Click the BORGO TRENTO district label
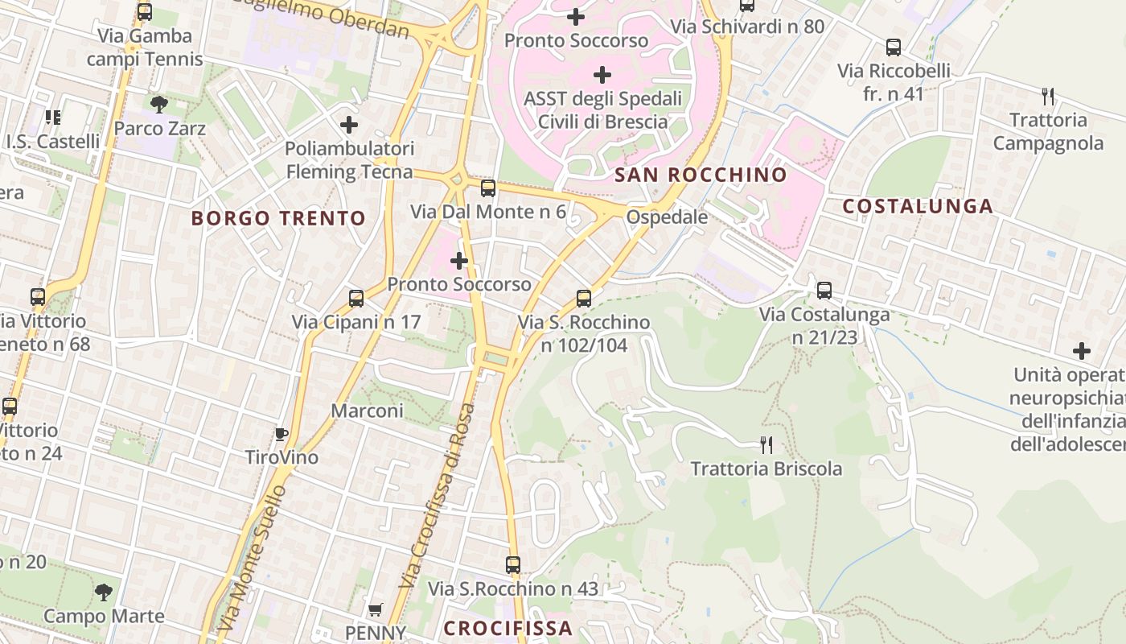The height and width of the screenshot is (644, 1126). click(278, 218)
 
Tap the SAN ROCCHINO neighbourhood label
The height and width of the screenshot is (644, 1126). click(701, 175)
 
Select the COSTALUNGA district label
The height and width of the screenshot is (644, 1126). click(918, 206)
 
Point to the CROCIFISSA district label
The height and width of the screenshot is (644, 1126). click(508, 628)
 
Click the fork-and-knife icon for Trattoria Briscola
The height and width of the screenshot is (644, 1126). click(766, 444)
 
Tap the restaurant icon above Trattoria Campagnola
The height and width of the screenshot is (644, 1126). click(1047, 97)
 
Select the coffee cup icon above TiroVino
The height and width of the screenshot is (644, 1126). click(281, 435)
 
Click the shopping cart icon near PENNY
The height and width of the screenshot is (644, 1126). click(375, 610)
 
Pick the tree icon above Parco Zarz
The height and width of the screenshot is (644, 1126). click(159, 104)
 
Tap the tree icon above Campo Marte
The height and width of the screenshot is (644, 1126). click(103, 592)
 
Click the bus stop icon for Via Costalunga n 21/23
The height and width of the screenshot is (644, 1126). click(824, 291)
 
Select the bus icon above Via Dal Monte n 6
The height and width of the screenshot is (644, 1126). click(488, 188)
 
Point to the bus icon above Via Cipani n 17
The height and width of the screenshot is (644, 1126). click(356, 299)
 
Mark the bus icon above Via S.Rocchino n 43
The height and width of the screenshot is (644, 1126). click(513, 565)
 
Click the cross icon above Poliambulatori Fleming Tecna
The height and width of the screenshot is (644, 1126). click(349, 125)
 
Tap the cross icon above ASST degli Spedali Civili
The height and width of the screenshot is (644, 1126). click(602, 76)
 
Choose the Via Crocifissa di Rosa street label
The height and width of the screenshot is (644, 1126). click(438, 495)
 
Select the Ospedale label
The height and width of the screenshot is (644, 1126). click(667, 217)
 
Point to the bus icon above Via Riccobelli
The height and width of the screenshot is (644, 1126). click(894, 47)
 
